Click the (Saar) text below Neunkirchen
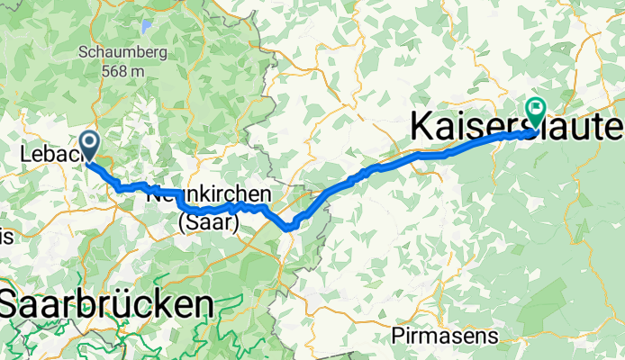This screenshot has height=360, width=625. [x=208, y=221]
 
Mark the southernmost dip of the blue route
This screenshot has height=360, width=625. [x=289, y=229]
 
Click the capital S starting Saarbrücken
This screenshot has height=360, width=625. [x=11, y=304]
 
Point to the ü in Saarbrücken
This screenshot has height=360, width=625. [x=126, y=304]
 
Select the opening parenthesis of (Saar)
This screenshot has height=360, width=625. [x=183, y=222]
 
